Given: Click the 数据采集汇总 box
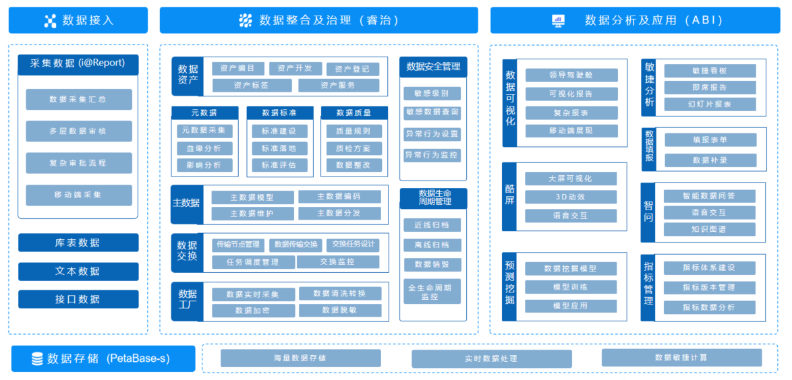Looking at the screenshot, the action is pyautogui.click(x=79, y=100).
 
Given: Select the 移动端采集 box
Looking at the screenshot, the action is pyautogui.click(x=79, y=195).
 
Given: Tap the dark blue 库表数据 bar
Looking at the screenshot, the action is pyautogui.click(x=78, y=243).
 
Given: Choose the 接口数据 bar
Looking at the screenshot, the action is pyautogui.click(x=78, y=299).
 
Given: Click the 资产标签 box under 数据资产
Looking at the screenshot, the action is pyautogui.click(x=251, y=86).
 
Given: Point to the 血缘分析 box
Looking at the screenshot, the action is pyautogui.click(x=204, y=148).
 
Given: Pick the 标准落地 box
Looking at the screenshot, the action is pyautogui.click(x=279, y=148).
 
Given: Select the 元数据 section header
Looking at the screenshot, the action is pyautogui.click(x=204, y=113).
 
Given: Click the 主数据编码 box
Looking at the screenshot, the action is pyautogui.click(x=339, y=197).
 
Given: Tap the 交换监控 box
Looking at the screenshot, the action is pyautogui.click(x=338, y=262).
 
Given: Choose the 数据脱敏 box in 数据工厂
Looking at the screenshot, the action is pyautogui.click(x=340, y=311).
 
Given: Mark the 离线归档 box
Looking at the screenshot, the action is pyautogui.click(x=432, y=245).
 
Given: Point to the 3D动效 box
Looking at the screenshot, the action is pyautogui.click(x=571, y=197).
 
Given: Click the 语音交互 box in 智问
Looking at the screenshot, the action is pyautogui.click(x=710, y=213).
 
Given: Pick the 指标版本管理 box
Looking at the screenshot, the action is pyautogui.click(x=710, y=288).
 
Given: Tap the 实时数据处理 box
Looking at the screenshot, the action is pyautogui.click(x=492, y=359).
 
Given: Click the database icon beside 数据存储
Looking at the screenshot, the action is pyautogui.click(x=37, y=359).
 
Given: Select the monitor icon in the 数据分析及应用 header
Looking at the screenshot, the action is pyautogui.click(x=559, y=20).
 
